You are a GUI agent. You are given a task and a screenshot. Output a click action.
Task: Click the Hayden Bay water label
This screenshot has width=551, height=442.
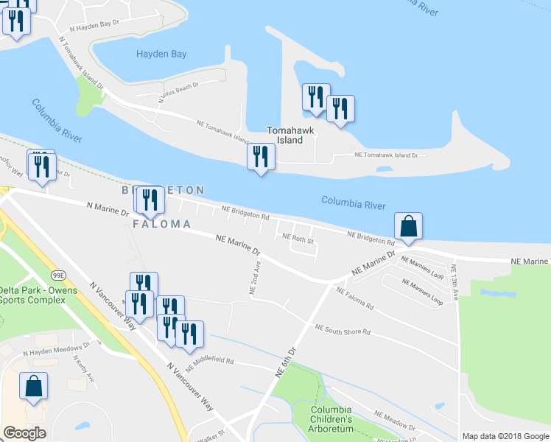pyautogui.click(x=161, y=54)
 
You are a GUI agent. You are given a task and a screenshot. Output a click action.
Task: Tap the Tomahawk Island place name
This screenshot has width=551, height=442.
pyautogui.click(x=290, y=136)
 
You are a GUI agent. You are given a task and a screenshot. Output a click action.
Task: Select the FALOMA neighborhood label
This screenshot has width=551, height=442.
pyautogui.click(x=162, y=223)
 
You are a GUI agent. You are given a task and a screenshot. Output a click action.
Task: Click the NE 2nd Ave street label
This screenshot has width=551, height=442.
pyautogui.click(x=255, y=278)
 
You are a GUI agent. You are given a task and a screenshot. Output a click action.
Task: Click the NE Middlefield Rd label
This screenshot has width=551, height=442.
pyautogui.click(x=209, y=362)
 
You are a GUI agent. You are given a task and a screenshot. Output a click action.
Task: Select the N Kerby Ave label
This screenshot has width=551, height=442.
pyautogui.click(x=83, y=369)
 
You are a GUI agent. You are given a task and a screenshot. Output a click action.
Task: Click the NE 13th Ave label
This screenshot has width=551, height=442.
pyautogui.click(x=456, y=282)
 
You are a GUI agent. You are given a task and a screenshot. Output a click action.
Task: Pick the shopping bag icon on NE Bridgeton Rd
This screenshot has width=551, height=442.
pyautogui.click(x=408, y=226)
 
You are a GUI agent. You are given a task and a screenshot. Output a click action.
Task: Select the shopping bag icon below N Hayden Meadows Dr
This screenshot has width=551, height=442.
pyautogui.click(x=34, y=386)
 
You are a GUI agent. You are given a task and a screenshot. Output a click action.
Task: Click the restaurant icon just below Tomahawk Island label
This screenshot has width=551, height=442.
pyautogui.click(x=261, y=157)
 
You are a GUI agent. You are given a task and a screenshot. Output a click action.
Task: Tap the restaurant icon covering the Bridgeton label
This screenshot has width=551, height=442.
pyautogui.click(x=149, y=200)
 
